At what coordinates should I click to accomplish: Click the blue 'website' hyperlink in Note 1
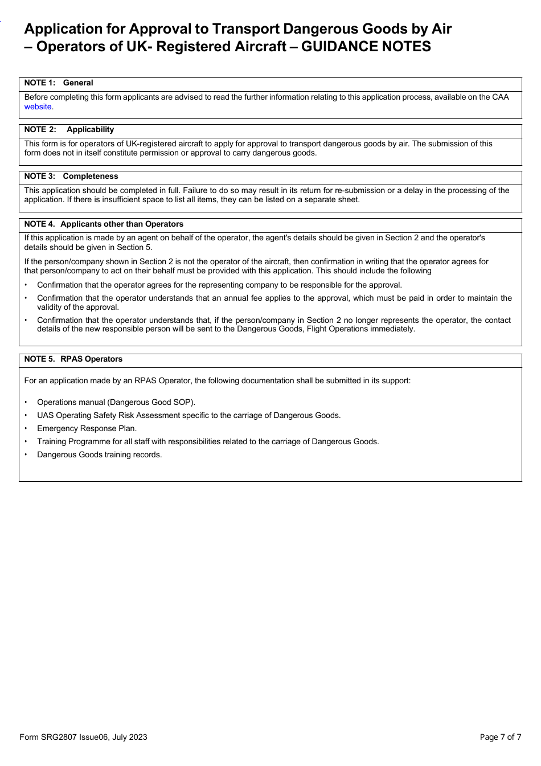click(x=38, y=106)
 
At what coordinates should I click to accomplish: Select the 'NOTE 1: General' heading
click(x=59, y=83)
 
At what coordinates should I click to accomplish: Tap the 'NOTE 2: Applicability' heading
click(x=69, y=129)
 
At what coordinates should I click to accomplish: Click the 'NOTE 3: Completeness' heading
click(x=71, y=176)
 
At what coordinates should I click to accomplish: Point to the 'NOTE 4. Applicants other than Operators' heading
click(x=104, y=224)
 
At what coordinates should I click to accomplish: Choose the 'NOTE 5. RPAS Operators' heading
click(x=73, y=359)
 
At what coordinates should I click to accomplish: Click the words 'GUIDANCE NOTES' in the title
click(x=366, y=47)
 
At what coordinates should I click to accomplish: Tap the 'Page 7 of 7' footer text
click(x=500, y=737)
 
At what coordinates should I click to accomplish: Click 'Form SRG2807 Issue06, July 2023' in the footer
click(x=83, y=737)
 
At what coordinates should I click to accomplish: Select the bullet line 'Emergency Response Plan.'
click(x=87, y=428)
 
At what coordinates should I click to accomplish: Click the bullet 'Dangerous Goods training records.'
click(x=99, y=454)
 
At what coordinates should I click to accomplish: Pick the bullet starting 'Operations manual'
click(x=116, y=402)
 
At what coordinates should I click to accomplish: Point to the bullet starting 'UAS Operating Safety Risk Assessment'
click(x=188, y=415)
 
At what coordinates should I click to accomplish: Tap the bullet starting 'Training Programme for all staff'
click(x=208, y=441)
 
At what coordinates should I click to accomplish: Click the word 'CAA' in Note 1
click(x=500, y=97)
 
